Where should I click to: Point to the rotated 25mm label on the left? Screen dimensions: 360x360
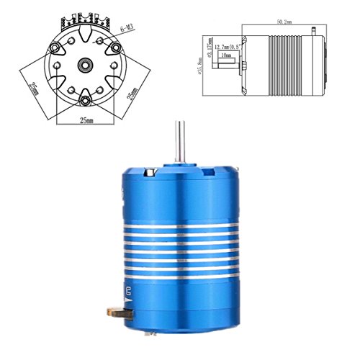34,89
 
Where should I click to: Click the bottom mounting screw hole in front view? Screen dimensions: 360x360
84,98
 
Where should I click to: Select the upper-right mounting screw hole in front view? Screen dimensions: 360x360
113,46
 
